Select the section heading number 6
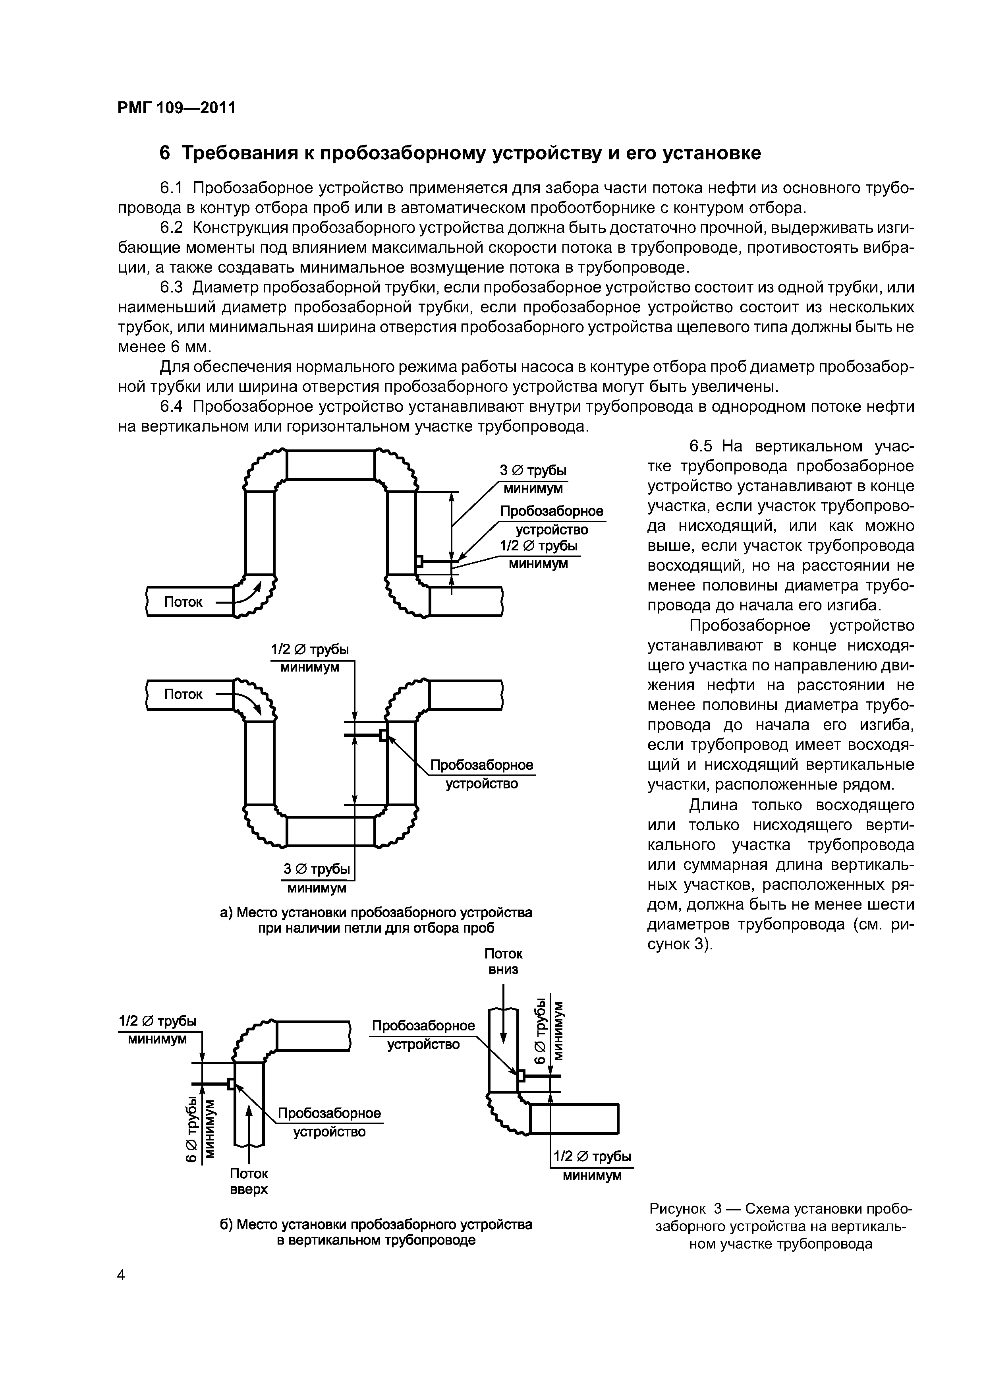pyautogui.click(x=164, y=153)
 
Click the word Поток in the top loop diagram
pyautogui.click(x=183, y=602)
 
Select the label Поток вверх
pyautogui.click(x=249, y=1181)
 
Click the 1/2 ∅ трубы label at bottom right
pyautogui.click(x=592, y=1156)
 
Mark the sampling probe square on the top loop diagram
pyautogui.click(x=419, y=561)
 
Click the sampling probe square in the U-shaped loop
pyautogui.click(x=383, y=735)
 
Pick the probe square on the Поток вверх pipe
pyautogui.click(x=231, y=1083)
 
